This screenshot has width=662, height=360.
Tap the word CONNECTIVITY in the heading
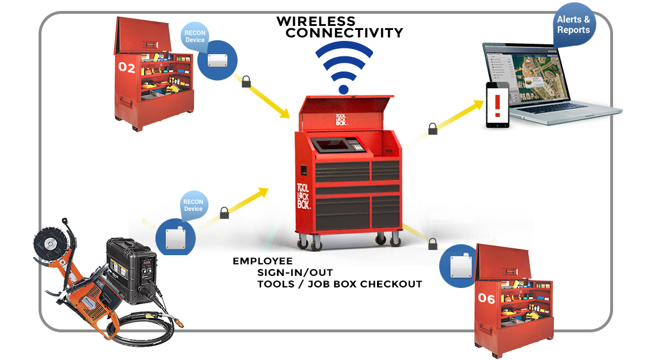[x=344, y=33]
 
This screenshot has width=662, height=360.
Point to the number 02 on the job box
[x=127, y=68]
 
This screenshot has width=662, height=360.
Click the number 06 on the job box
[x=486, y=298]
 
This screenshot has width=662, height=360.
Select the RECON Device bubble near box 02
[x=195, y=35]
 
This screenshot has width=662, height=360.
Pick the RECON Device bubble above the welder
[x=193, y=205]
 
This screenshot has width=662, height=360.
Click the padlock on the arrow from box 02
[x=246, y=81]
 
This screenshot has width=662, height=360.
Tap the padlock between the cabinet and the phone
[x=433, y=128]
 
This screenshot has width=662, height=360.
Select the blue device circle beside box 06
[x=458, y=266]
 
